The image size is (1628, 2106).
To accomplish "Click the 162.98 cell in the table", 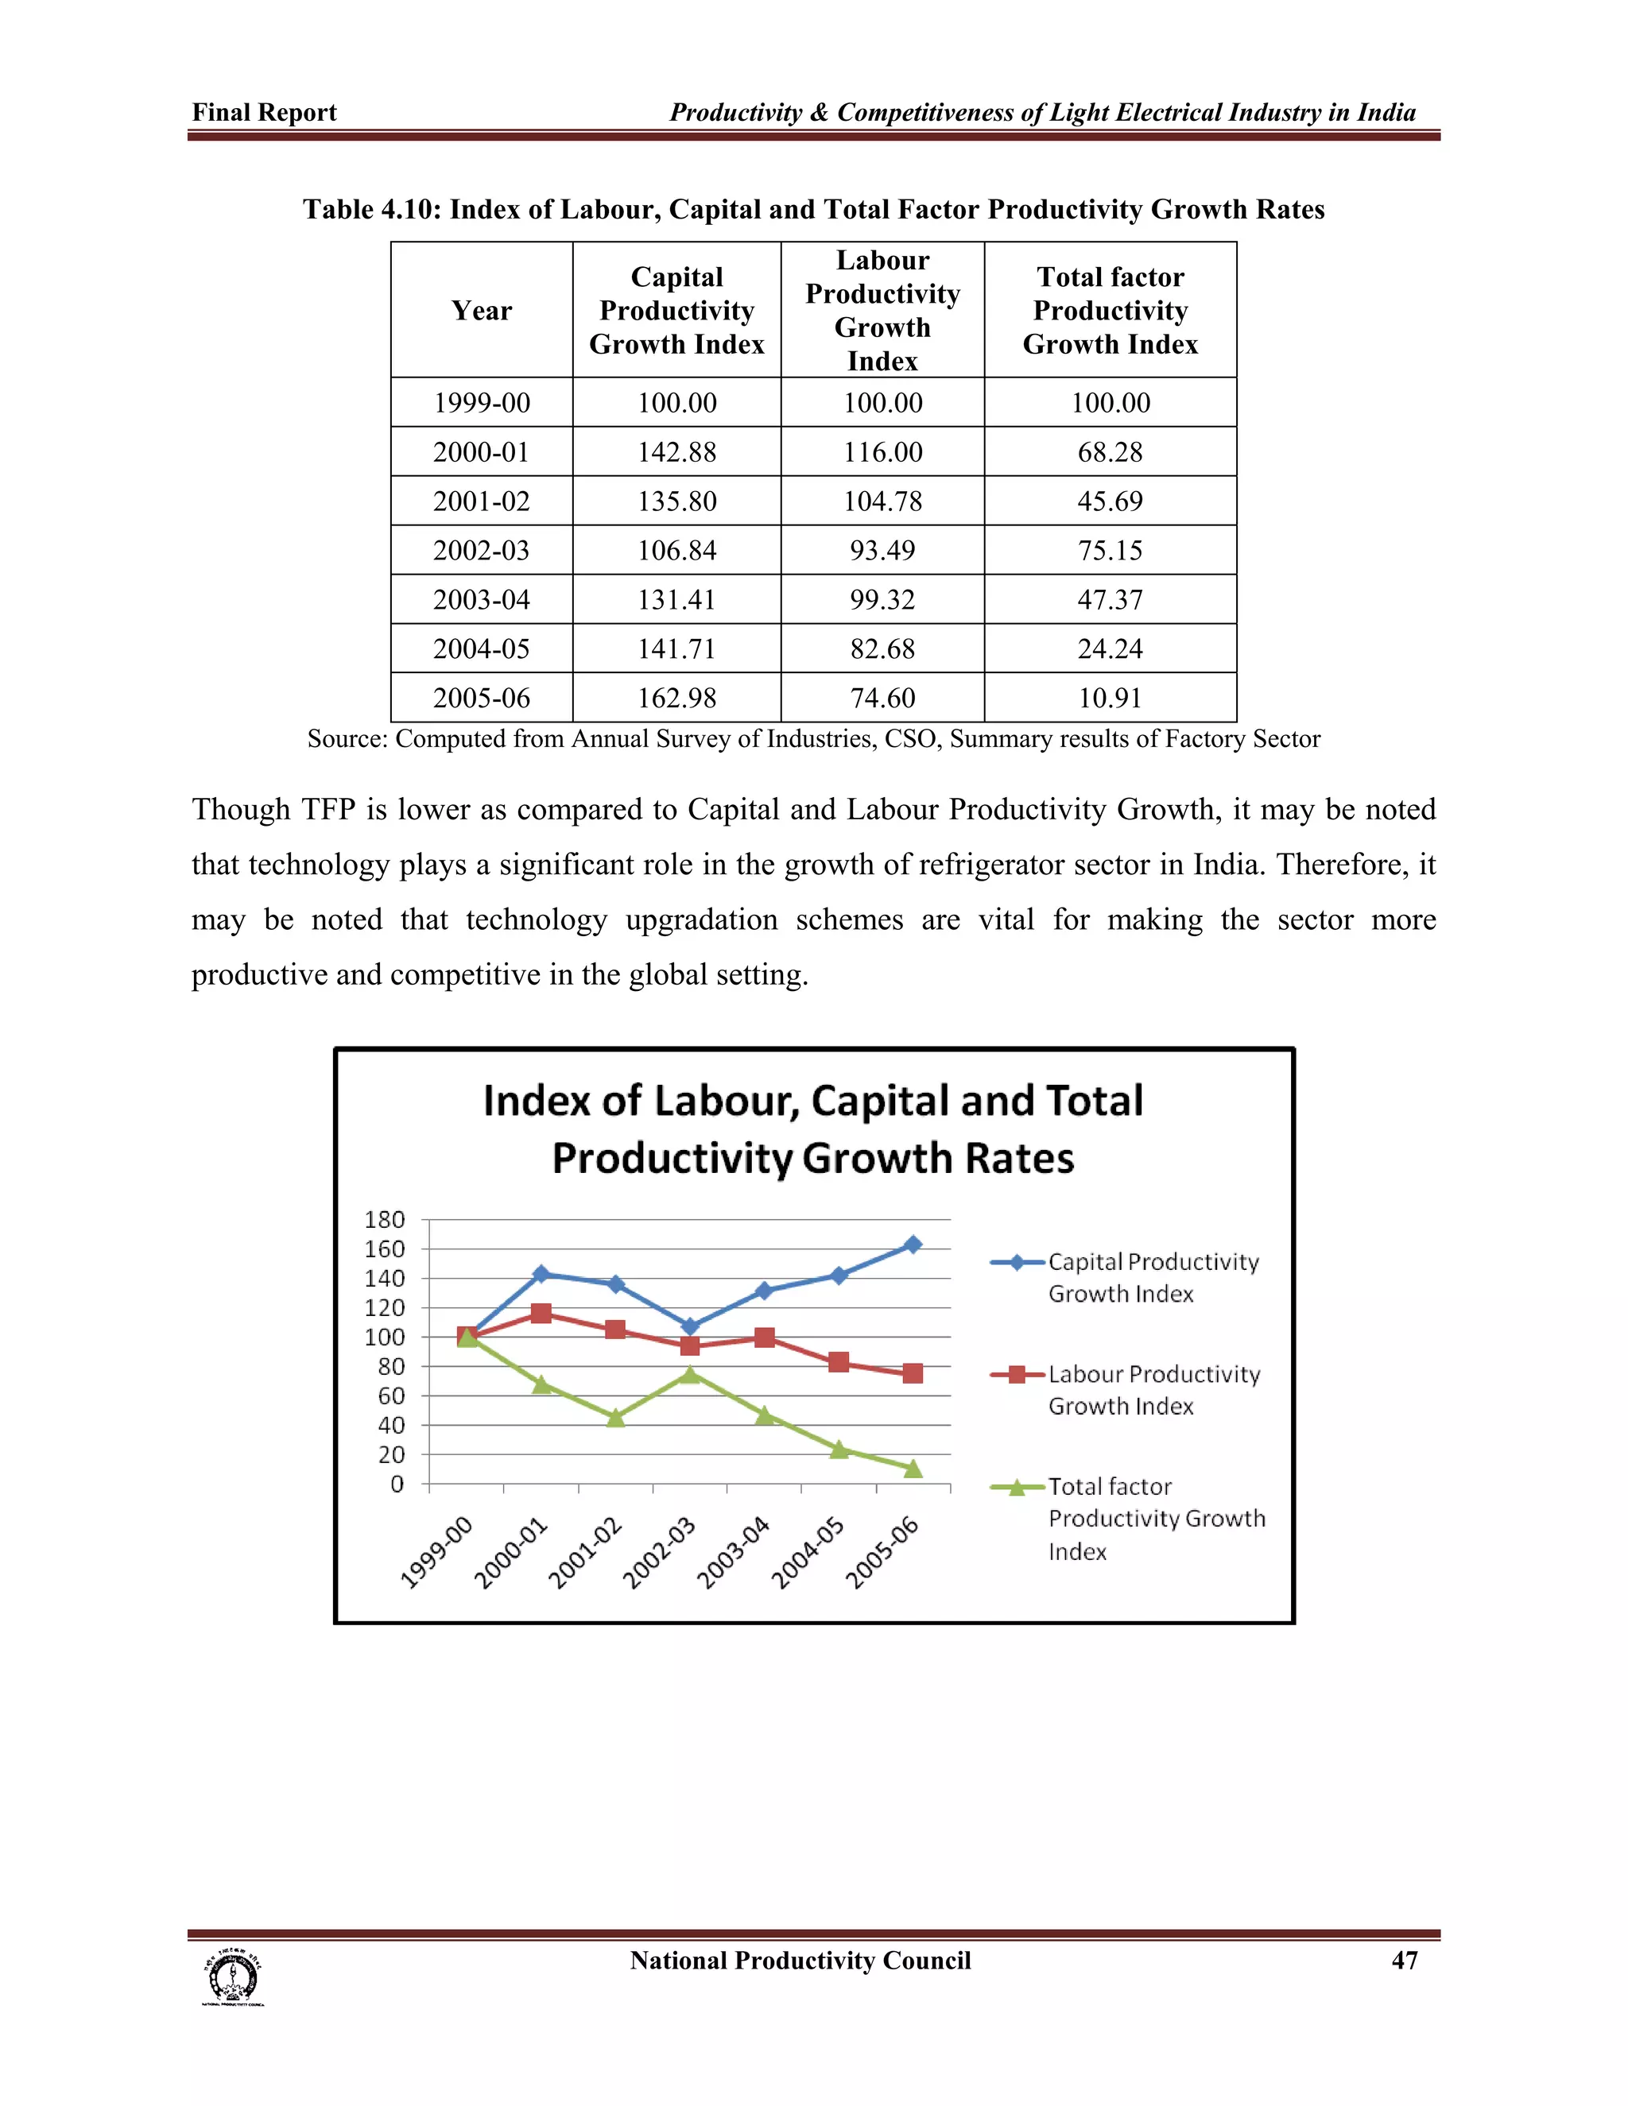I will (676, 697).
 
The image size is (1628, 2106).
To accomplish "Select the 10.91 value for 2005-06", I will (1109, 697).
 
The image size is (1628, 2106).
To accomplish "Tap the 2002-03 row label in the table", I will (481, 550).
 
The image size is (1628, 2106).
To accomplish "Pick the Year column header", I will (481, 311).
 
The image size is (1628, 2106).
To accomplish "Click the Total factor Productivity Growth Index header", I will (1109, 311).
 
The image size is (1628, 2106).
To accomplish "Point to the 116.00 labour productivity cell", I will (882, 451).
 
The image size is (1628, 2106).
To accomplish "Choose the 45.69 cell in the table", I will (1109, 501).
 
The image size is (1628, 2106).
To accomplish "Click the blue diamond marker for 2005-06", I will (913, 1245).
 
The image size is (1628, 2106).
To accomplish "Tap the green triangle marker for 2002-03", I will (689, 1374).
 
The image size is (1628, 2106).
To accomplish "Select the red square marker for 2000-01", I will (541, 1314).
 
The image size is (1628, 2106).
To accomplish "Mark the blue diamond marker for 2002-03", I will (689, 1327).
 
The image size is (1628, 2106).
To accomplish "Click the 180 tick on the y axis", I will (384, 1220).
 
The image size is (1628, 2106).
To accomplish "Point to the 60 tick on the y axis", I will (390, 1396).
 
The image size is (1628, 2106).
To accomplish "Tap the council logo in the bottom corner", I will (232, 1978).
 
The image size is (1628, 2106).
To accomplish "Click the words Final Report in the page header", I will (264, 113).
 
